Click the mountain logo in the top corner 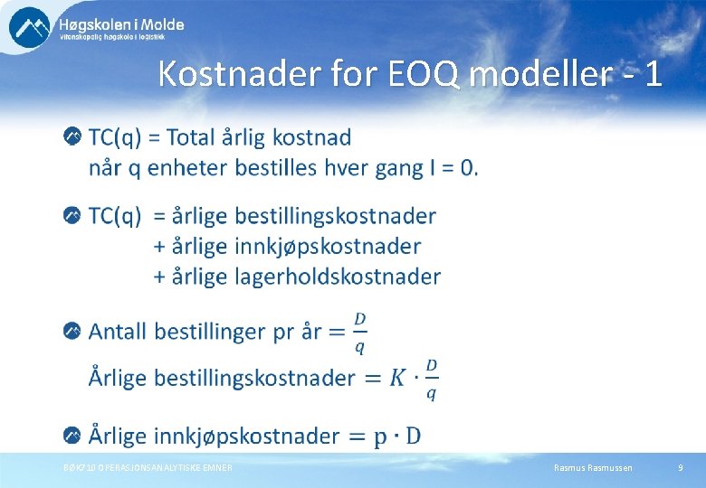coord(29,26)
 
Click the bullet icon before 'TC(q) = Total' coord(72,136)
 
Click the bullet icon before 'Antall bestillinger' coord(72,331)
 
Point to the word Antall coord(118,331)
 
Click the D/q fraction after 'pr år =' coord(359,331)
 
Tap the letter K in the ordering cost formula coord(398,379)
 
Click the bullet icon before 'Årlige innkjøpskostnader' coord(72,436)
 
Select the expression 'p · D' coord(396,436)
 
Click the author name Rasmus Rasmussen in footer coord(593,467)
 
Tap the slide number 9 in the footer coord(680,467)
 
